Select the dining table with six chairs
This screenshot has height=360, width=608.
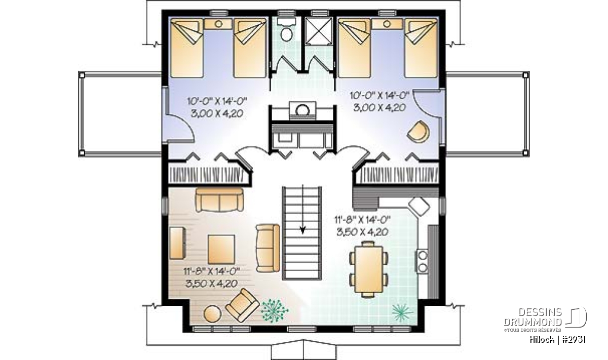point(369,269)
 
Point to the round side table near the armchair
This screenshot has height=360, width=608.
point(212,313)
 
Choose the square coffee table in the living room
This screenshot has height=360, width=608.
point(221,249)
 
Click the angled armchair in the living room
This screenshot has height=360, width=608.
point(242,305)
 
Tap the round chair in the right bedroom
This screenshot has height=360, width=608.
point(419,132)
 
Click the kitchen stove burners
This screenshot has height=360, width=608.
point(423,261)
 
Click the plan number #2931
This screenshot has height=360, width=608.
point(574,340)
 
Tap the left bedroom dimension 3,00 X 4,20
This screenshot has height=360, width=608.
point(217,113)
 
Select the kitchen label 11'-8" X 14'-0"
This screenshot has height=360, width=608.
point(362,219)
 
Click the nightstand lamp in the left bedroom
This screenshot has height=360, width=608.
point(218,24)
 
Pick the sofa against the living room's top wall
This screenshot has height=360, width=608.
point(219,199)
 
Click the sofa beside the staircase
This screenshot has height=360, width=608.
point(268,248)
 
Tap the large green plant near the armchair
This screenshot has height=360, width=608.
point(274,310)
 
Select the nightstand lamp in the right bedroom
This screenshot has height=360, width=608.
point(387,24)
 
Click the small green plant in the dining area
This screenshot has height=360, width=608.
point(402,312)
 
